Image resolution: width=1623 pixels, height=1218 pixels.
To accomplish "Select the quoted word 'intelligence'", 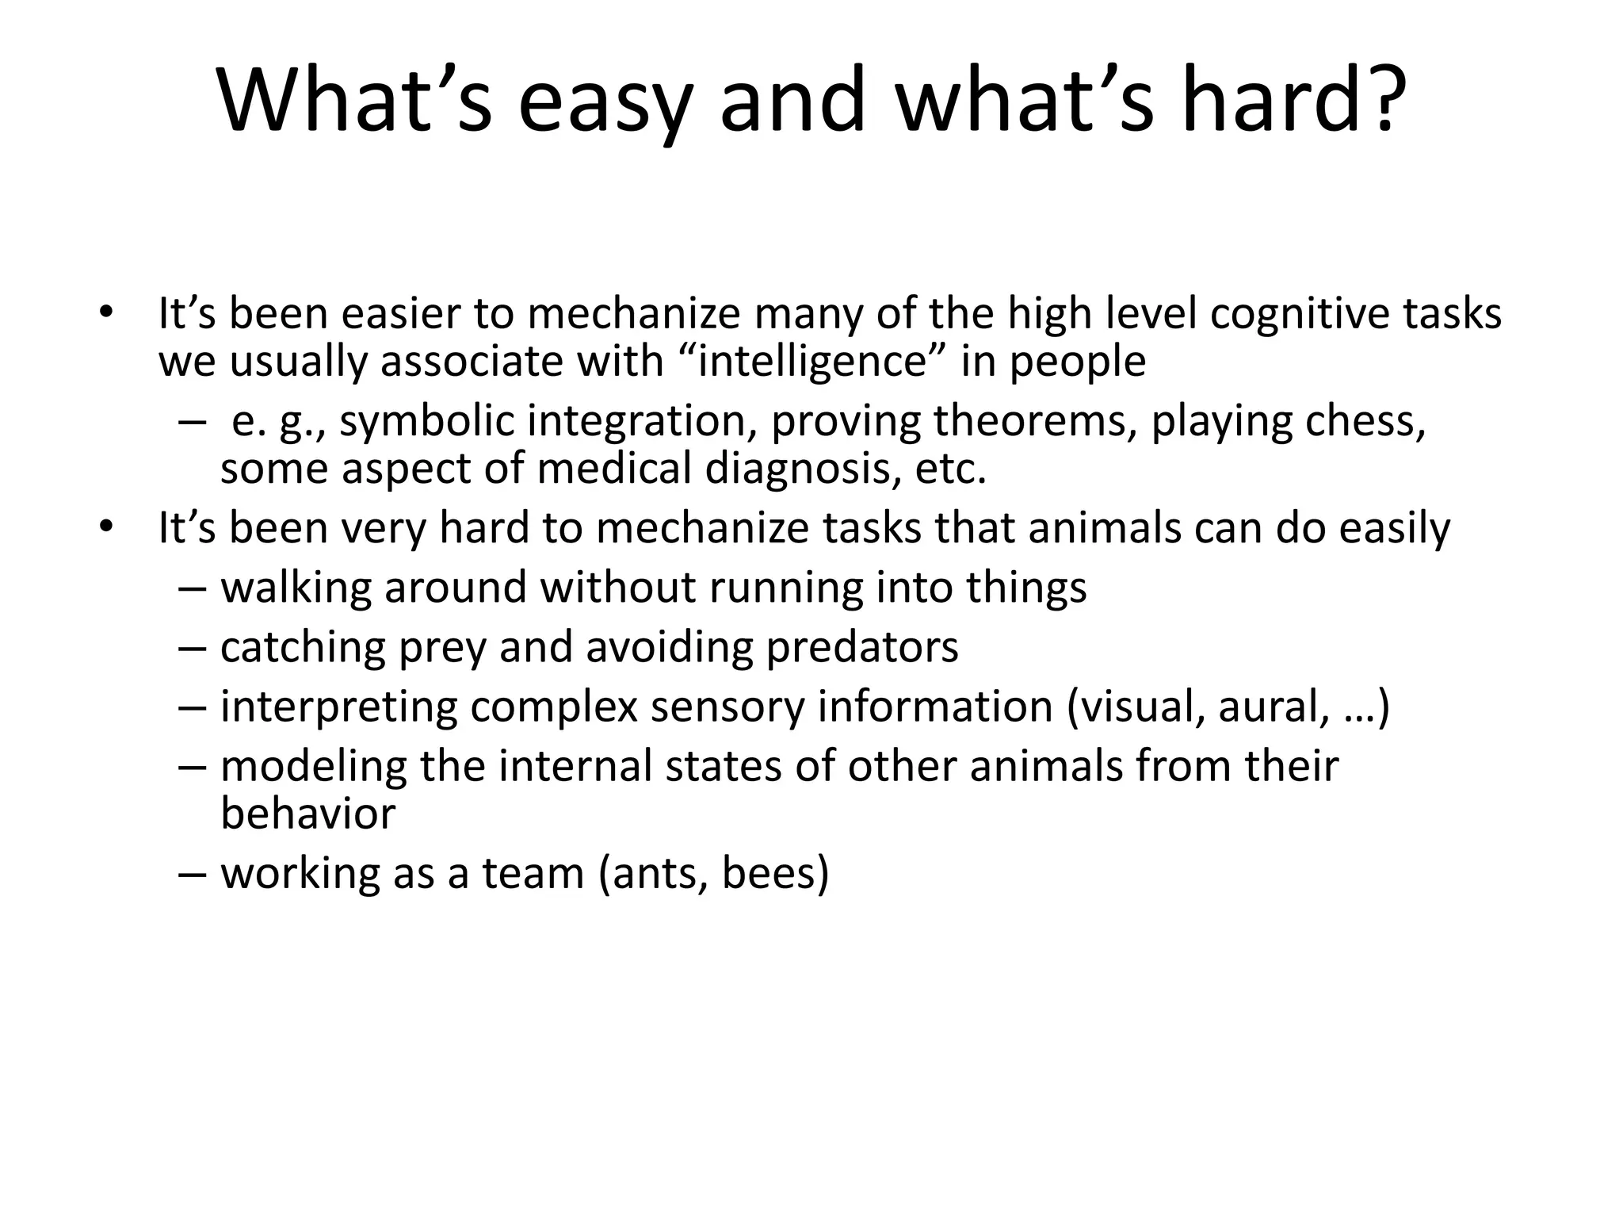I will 811,361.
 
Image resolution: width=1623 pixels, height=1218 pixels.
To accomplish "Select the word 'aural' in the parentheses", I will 1273,707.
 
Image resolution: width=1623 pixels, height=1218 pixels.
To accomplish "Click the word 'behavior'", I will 307,814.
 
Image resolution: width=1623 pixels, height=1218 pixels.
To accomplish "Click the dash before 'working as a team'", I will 192,874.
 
